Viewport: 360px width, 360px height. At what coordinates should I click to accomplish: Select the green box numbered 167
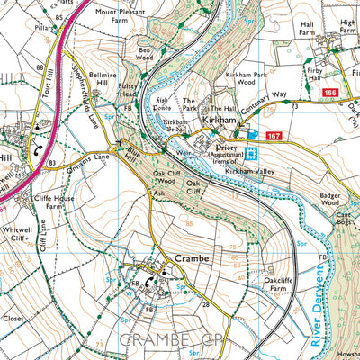click(274, 135)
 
